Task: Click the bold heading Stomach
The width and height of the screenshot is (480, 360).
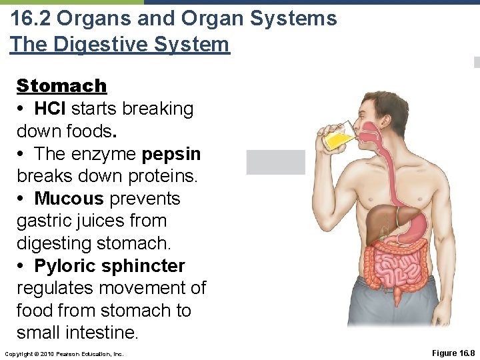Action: click(61, 86)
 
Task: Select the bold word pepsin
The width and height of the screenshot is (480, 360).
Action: click(171, 154)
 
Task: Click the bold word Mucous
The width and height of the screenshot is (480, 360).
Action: click(69, 199)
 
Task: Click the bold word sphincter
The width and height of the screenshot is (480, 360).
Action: click(145, 266)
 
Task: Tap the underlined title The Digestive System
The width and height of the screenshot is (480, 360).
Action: click(119, 45)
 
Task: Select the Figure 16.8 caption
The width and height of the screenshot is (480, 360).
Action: click(453, 353)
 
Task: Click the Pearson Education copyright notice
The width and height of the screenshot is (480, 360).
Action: click(64, 353)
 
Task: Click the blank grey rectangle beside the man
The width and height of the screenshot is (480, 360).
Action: click(275, 162)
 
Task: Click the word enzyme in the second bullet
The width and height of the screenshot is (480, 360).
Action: click(103, 154)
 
